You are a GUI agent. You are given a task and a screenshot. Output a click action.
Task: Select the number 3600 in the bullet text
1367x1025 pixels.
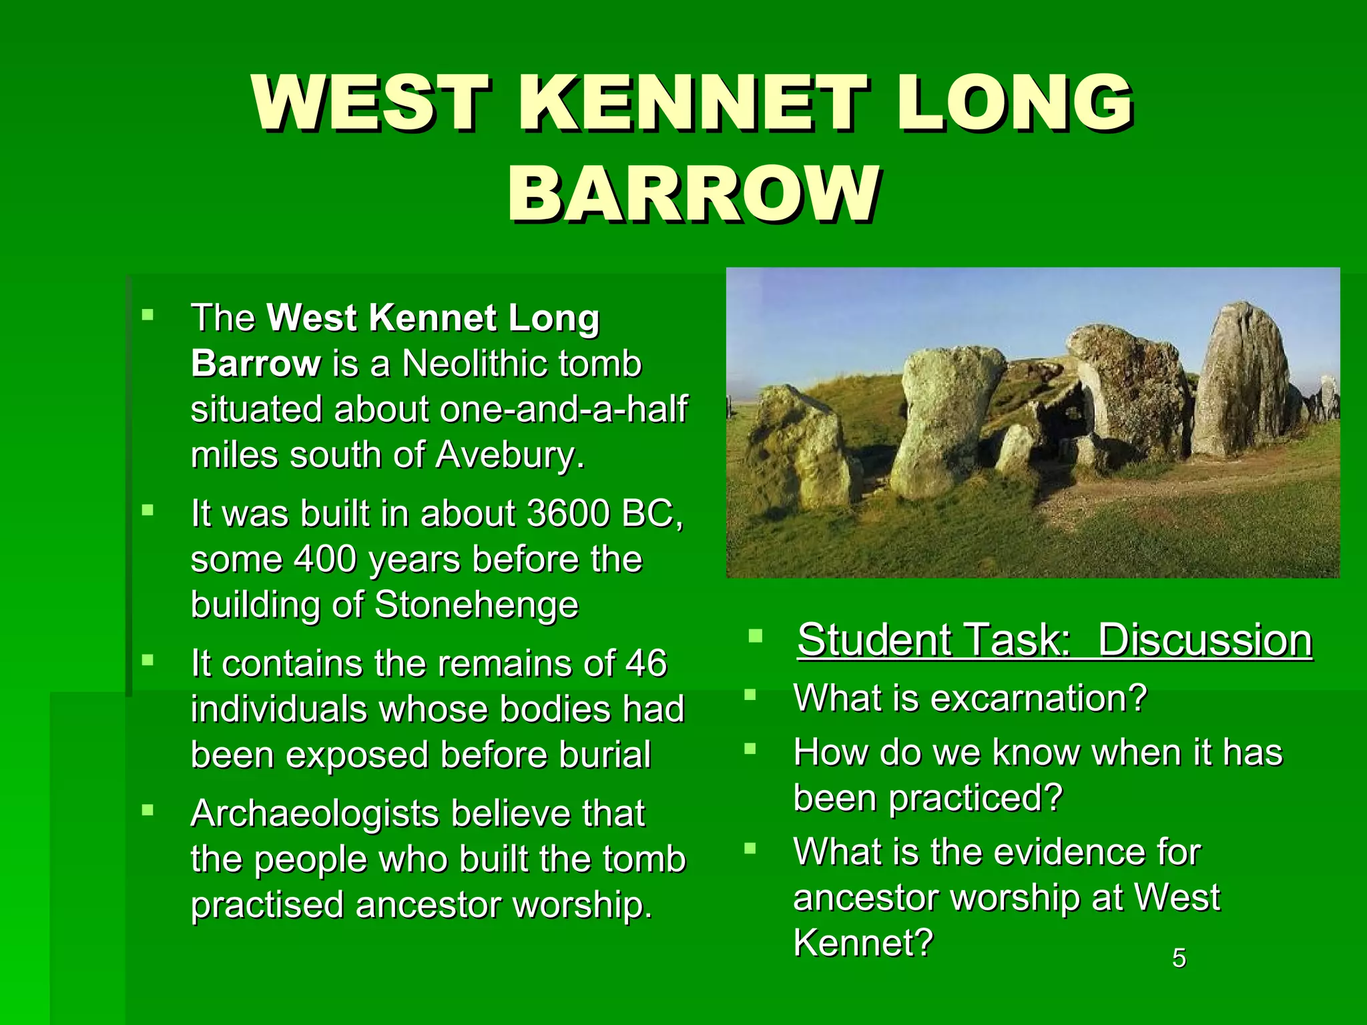tap(568, 513)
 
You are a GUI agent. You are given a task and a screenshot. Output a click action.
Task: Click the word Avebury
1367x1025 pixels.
tap(510, 455)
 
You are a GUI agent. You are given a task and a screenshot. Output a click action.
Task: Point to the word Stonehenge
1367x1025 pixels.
tap(477, 605)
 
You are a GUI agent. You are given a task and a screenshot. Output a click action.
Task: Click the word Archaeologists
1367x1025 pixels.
tap(314, 814)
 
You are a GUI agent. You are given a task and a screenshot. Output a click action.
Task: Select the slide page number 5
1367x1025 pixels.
tap(1179, 958)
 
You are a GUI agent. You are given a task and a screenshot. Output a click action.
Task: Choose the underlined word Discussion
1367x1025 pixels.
tap(1205, 640)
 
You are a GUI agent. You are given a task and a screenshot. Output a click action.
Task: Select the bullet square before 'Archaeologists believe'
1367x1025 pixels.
tap(148, 811)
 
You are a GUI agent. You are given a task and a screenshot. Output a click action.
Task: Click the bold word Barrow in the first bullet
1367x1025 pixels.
tap(256, 364)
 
